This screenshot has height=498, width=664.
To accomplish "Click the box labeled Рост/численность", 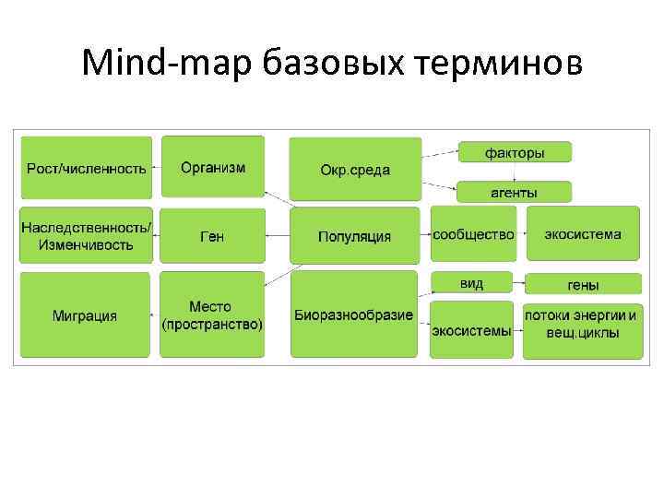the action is click(86, 167).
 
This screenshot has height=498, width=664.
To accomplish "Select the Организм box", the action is click(213, 166).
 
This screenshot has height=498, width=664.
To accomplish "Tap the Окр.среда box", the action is click(355, 169).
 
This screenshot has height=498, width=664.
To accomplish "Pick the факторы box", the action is click(515, 152).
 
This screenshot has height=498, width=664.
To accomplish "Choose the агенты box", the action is click(515, 192).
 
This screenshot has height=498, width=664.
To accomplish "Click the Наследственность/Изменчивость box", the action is click(86, 235).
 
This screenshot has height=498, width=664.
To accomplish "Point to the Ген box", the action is click(213, 236).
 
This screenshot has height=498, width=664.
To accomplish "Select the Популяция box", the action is click(355, 236).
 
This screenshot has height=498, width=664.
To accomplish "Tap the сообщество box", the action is click(473, 234).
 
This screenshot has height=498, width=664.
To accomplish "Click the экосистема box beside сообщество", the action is click(582, 234).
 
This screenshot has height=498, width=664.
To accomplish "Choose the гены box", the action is click(582, 284).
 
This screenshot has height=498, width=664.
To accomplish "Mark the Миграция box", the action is click(85, 315).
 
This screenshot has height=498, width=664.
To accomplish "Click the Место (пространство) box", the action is click(213, 315).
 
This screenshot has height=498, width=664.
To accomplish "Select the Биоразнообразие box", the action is click(355, 315).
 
